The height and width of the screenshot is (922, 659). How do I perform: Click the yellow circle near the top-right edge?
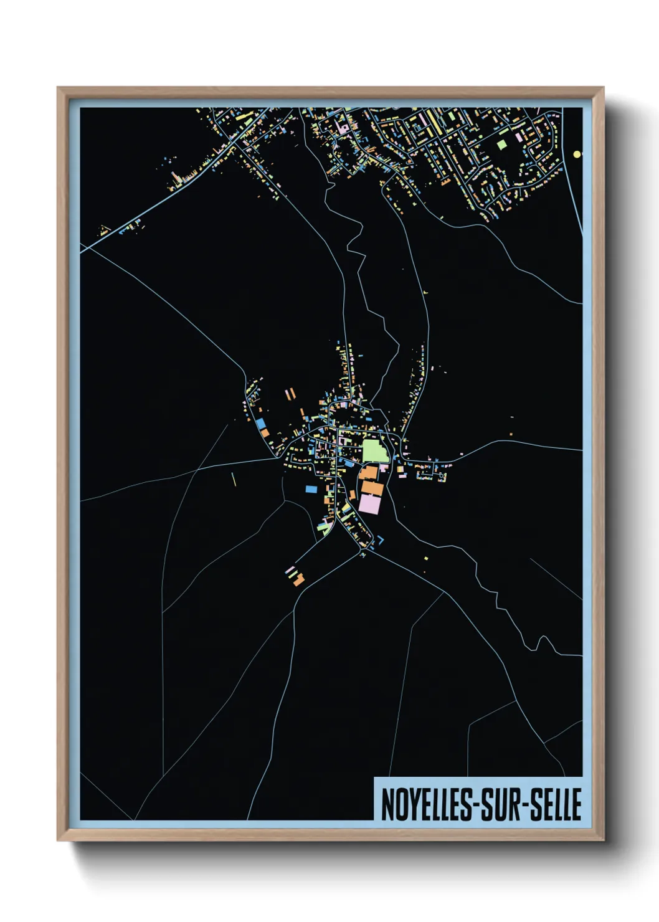[577, 154]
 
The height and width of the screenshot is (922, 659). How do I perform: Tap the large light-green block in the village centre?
[374, 450]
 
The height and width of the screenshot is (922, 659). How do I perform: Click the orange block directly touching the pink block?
[372, 488]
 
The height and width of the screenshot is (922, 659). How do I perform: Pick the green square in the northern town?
[502, 145]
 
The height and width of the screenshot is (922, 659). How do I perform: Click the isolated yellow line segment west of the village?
[234, 480]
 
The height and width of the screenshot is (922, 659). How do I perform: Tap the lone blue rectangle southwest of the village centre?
[310, 489]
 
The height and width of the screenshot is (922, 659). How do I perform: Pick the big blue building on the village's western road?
[260, 422]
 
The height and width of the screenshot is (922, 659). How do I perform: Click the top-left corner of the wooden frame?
[58, 88]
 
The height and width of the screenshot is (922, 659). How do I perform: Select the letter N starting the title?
[386, 804]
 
